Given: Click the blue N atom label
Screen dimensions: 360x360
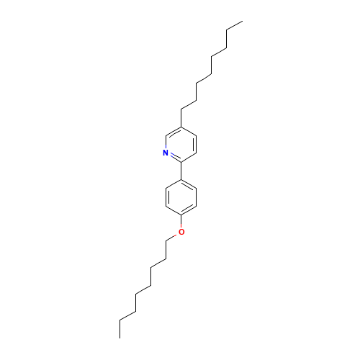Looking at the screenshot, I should click(166, 153).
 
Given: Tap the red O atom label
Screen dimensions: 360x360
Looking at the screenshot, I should click(181, 232).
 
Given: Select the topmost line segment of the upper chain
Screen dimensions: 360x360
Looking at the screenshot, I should click(233, 26).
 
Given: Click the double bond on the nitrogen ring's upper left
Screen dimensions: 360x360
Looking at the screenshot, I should click(174, 132).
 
